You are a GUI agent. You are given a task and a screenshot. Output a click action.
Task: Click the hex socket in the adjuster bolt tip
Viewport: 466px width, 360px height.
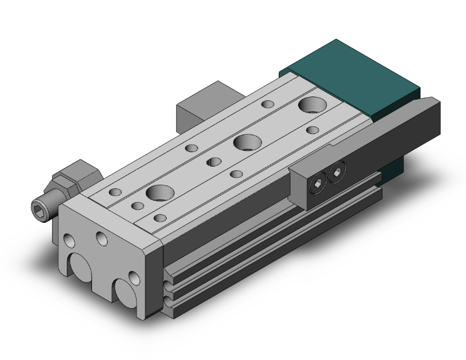[40, 207]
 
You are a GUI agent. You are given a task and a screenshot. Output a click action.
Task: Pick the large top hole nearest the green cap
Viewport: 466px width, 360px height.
[311, 104]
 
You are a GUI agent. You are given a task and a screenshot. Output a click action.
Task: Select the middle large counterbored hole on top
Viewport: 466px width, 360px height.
[245, 142]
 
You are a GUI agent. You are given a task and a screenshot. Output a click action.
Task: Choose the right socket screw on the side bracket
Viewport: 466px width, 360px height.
[338, 170]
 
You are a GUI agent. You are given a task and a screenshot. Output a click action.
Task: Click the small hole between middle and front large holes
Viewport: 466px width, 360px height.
[214, 163]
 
